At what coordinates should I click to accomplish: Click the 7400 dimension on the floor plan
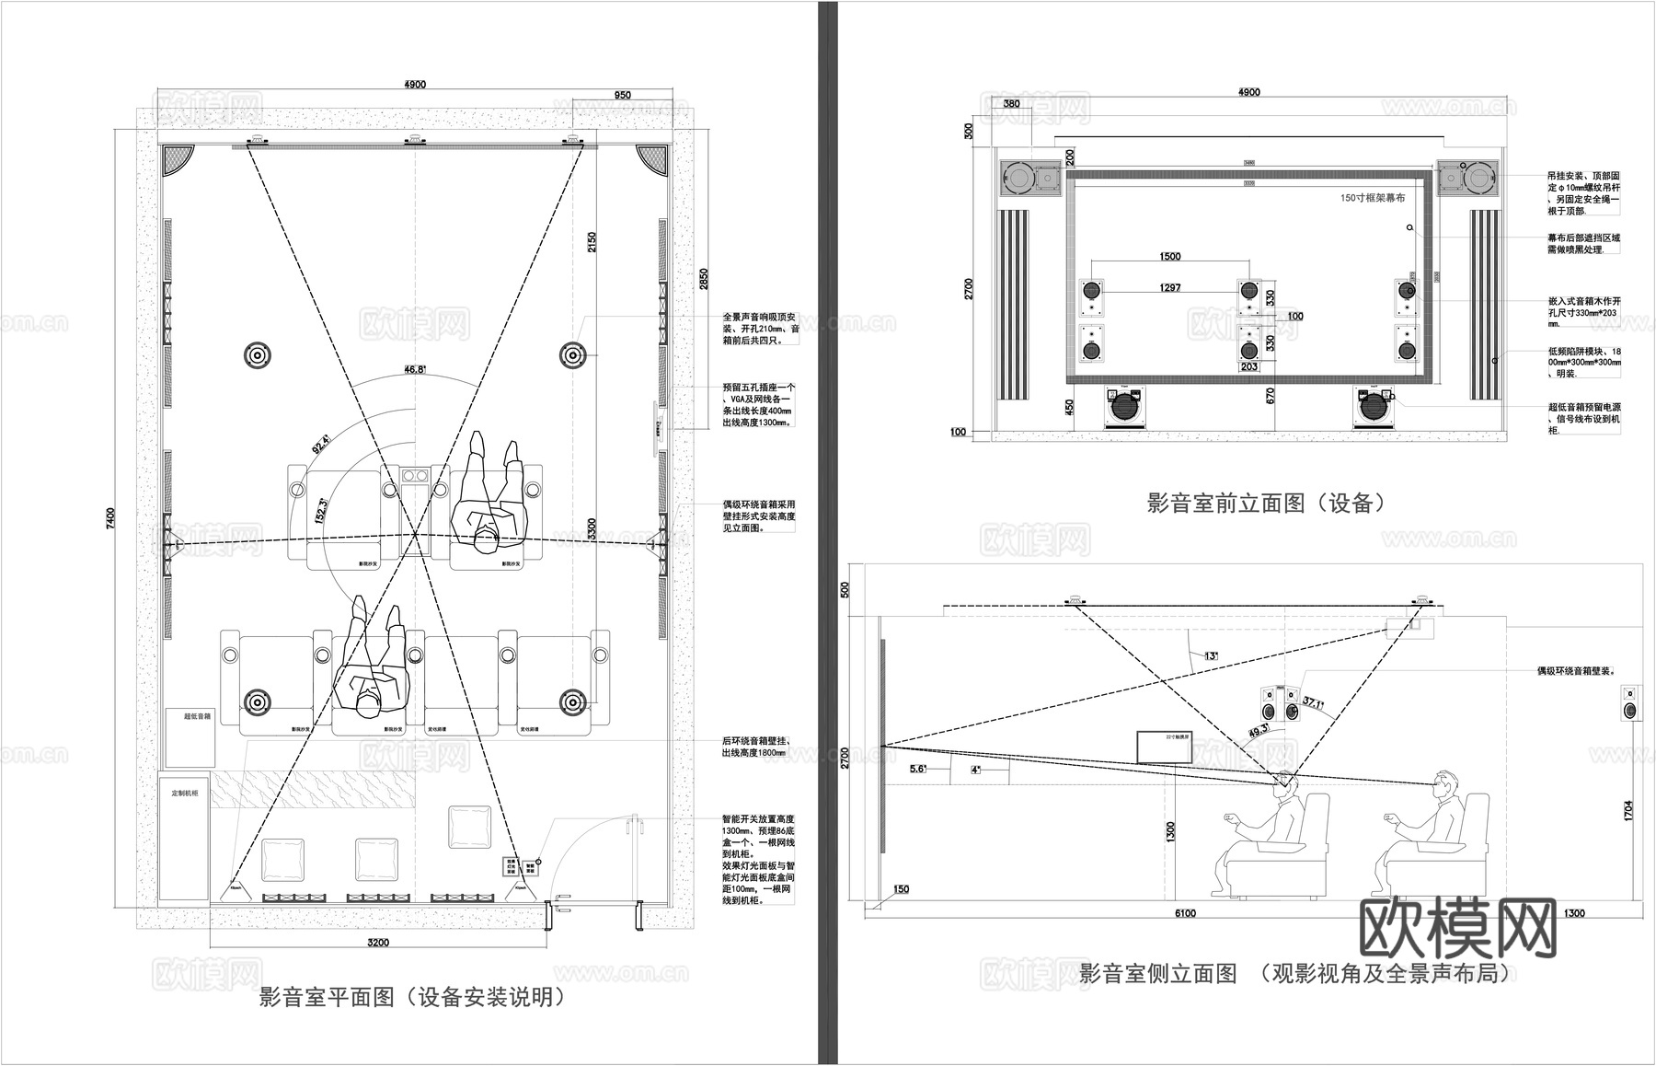111,518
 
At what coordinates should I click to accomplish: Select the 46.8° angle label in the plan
414,369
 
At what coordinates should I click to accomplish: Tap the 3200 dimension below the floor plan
378,942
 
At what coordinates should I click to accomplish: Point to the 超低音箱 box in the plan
191,736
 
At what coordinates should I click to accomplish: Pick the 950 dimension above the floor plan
622,95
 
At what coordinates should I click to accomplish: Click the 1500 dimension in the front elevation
1170,257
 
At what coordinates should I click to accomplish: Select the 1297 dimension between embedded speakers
1170,288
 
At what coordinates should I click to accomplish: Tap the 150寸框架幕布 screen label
1373,198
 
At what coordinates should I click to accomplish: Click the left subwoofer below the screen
1125,407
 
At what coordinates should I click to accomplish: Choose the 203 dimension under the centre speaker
1248,366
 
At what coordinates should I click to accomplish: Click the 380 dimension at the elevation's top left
1012,104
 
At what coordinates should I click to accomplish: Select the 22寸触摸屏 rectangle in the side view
1165,747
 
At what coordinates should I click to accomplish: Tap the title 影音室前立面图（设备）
1266,503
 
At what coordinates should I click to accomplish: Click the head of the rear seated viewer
1445,784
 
